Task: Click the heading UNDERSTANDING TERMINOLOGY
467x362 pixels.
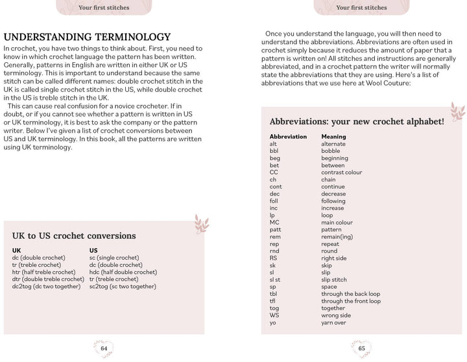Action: pyautogui.click(x=88, y=37)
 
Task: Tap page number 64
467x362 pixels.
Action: pyautogui.click(x=104, y=348)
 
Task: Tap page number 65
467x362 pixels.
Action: pyautogui.click(x=362, y=348)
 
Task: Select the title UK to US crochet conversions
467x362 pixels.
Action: pyautogui.click(x=74, y=236)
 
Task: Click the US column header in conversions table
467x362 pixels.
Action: pyautogui.click(x=93, y=250)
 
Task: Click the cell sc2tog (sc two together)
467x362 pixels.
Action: pyautogui.click(x=123, y=286)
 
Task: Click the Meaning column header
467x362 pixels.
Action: pyautogui.click(x=333, y=137)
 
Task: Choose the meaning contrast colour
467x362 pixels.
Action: pyautogui.click(x=341, y=172)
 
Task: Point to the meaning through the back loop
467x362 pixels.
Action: pyautogui.click(x=351, y=294)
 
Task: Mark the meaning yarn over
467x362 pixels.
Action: pyautogui.click(x=333, y=322)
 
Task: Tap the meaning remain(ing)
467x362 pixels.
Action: pyautogui.click(x=337, y=237)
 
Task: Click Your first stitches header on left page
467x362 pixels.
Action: pyautogui.click(x=104, y=8)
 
